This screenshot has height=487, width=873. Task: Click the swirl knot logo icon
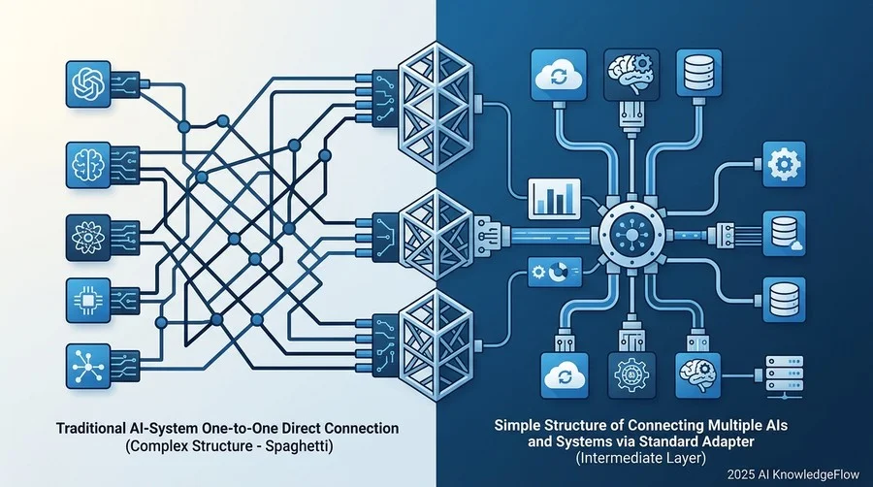(x=88, y=84)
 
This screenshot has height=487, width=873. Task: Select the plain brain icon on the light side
(x=88, y=165)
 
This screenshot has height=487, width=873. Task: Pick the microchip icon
(x=88, y=301)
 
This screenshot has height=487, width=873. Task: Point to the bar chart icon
(x=554, y=199)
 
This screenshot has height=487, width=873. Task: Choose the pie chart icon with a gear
(x=555, y=273)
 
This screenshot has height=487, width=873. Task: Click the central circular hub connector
(x=631, y=235)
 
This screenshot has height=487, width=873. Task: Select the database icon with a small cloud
(x=784, y=233)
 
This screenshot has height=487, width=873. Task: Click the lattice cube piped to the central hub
(x=436, y=234)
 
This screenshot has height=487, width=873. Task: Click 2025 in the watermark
(x=739, y=474)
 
